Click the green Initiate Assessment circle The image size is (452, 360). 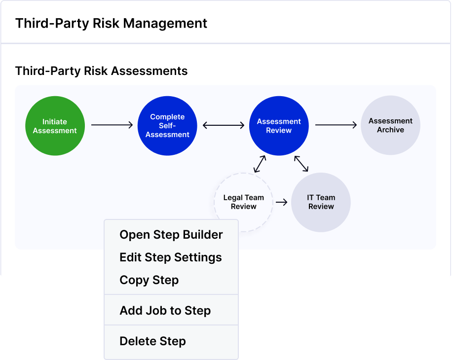(x=55, y=126)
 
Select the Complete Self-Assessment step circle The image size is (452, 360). (x=167, y=126)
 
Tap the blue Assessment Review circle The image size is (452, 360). (x=279, y=126)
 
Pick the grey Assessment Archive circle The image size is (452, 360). (x=391, y=125)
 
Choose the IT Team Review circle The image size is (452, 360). (x=321, y=202)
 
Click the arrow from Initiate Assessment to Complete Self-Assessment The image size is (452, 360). (x=112, y=125)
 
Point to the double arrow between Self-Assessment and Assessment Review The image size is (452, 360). (x=224, y=125)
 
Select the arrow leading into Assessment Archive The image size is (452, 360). (x=336, y=125)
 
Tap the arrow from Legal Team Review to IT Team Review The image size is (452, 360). (x=282, y=202)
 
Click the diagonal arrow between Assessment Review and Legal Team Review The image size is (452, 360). (x=260, y=164)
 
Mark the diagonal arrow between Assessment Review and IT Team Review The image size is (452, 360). (x=301, y=164)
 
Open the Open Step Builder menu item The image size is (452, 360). (x=171, y=235)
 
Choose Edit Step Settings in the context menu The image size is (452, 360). (x=171, y=257)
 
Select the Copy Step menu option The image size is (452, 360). (x=149, y=280)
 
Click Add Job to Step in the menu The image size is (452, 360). (x=165, y=311)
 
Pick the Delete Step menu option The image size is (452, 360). (x=153, y=341)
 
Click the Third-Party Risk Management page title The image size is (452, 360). (x=111, y=23)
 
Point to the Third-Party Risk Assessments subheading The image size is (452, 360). (x=102, y=71)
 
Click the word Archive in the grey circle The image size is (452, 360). (x=391, y=130)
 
